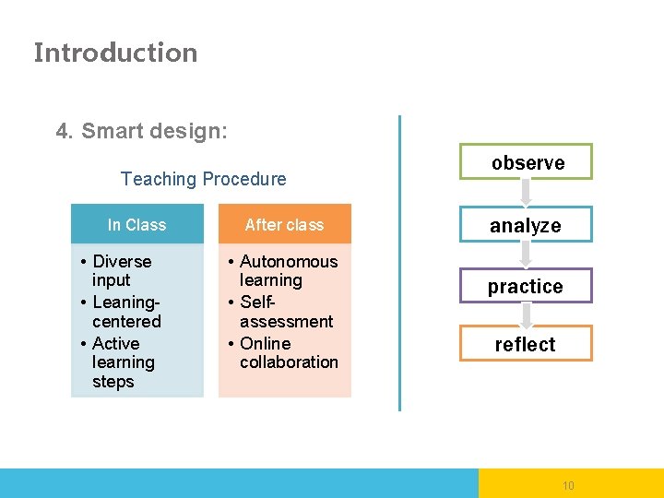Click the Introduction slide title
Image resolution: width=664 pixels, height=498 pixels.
click(115, 53)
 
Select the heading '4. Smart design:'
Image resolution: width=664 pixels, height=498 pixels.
click(141, 131)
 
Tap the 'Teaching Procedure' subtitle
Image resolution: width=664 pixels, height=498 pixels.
click(203, 179)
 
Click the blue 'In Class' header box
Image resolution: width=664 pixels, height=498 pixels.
click(136, 224)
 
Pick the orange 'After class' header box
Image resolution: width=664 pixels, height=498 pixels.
click(284, 224)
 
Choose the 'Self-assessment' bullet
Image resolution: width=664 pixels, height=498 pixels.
click(285, 312)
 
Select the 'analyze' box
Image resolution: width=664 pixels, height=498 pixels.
click(526, 225)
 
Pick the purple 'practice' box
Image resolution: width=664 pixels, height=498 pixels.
click(526, 287)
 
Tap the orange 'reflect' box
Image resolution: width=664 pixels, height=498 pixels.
click(526, 344)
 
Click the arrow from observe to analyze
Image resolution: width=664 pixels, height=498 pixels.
click(526, 192)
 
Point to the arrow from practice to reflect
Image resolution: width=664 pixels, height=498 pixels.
click(526, 315)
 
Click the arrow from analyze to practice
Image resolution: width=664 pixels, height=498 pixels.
click(526, 255)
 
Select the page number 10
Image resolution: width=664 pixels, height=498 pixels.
click(568, 485)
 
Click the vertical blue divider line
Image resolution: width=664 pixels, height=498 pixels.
click(399, 263)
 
